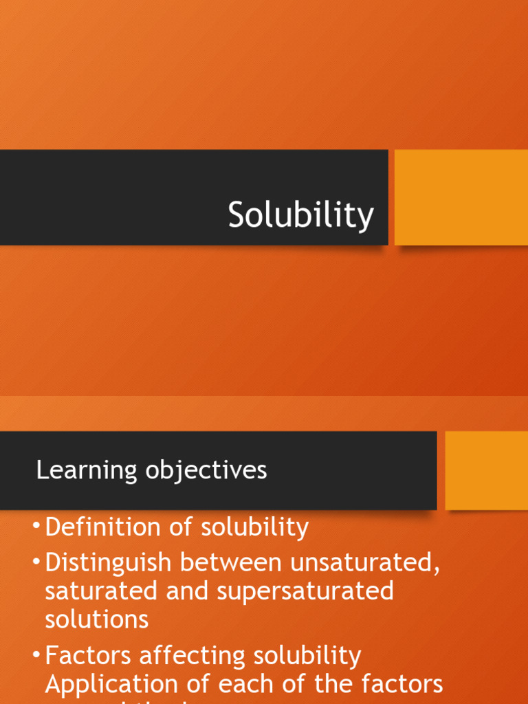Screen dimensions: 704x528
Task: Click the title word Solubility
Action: [301, 215]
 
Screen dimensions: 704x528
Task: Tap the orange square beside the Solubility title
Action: [461, 197]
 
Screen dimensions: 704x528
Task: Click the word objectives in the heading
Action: [206, 471]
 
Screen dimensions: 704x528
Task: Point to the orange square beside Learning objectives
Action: [486, 471]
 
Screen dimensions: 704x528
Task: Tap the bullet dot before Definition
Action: [36, 527]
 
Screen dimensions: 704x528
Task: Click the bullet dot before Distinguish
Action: [36, 562]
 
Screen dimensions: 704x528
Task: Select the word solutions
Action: [96, 619]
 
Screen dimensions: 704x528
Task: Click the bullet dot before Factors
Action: [36, 655]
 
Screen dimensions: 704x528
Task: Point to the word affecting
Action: [193, 656]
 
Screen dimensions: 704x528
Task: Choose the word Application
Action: [111, 685]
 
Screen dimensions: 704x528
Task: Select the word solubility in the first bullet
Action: [254, 528]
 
